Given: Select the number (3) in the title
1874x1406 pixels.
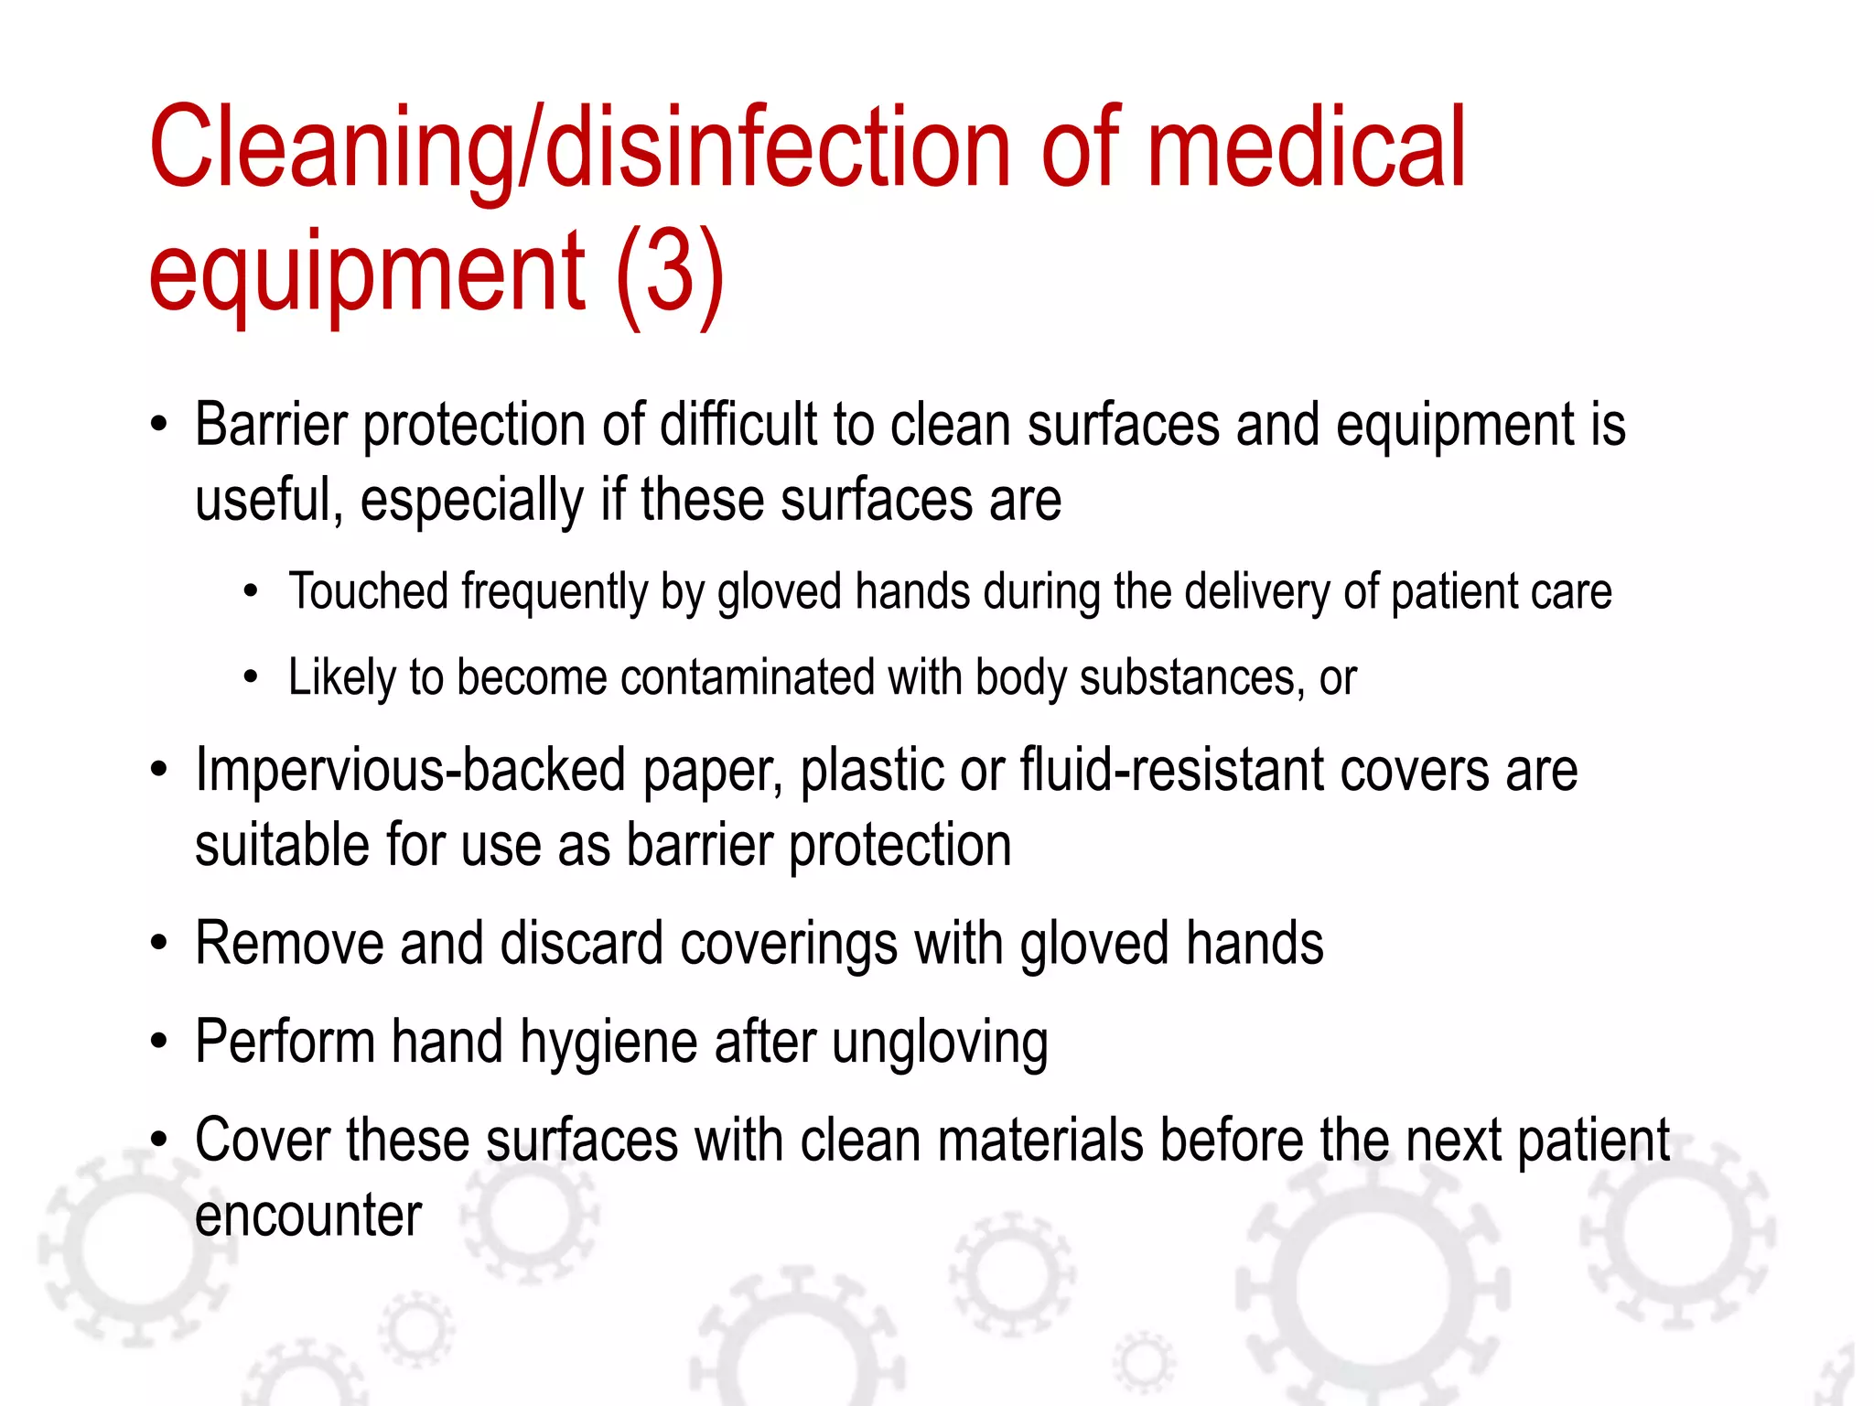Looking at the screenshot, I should point(671,272).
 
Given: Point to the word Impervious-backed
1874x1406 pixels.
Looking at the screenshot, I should point(411,770).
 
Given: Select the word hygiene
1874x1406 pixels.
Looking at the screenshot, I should point(609,1044).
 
